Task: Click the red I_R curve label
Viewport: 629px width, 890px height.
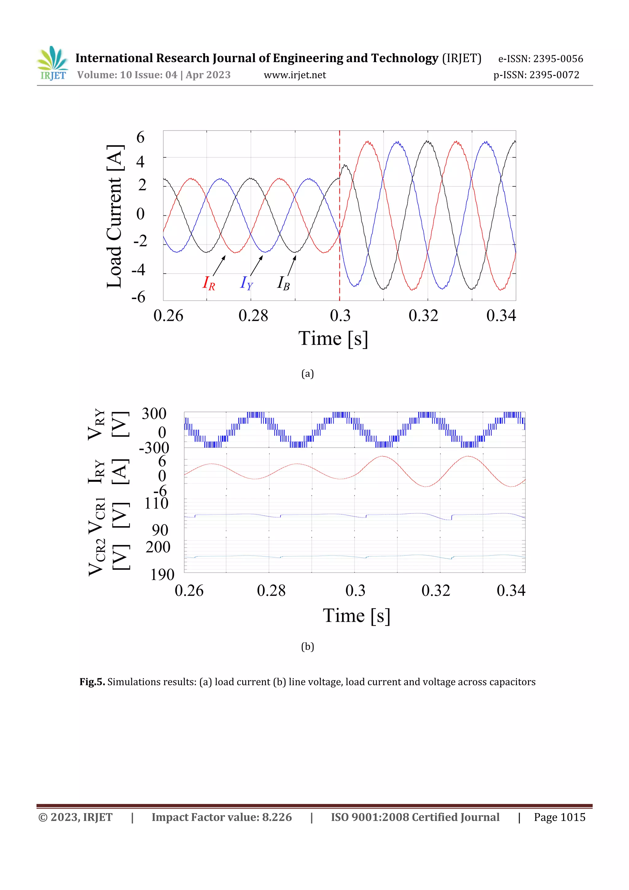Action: click(x=208, y=283)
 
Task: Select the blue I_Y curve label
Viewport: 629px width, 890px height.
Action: click(x=246, y=283)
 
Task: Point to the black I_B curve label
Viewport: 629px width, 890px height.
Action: click(x=283, y=283)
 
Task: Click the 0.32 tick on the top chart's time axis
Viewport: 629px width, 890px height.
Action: click(x=423, y=316)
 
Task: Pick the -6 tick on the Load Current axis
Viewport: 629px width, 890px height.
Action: click(x=138, y=297)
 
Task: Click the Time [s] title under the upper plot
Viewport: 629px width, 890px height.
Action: click(x=333, y=338)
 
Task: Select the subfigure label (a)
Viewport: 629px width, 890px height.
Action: click(x=307, y=374)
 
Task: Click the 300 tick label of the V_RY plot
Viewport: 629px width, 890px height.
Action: click(x=154, y=414)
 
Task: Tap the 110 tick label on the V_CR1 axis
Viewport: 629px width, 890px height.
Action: click(x=156, y=503)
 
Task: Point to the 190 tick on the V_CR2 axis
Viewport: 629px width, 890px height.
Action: click(x=162, y=574)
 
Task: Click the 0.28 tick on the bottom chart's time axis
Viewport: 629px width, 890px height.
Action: click(x=271, y=590)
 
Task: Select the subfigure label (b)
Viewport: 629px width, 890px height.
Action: click(x=307, y=647)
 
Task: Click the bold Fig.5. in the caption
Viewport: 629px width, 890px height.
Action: click(x=92, y=682)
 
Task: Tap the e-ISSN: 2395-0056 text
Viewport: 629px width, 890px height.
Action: click(x=540, y=59)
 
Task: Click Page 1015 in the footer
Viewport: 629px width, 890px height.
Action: click(x=559, y=817)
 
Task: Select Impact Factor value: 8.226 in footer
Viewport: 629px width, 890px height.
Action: click(x=221, y=817)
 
